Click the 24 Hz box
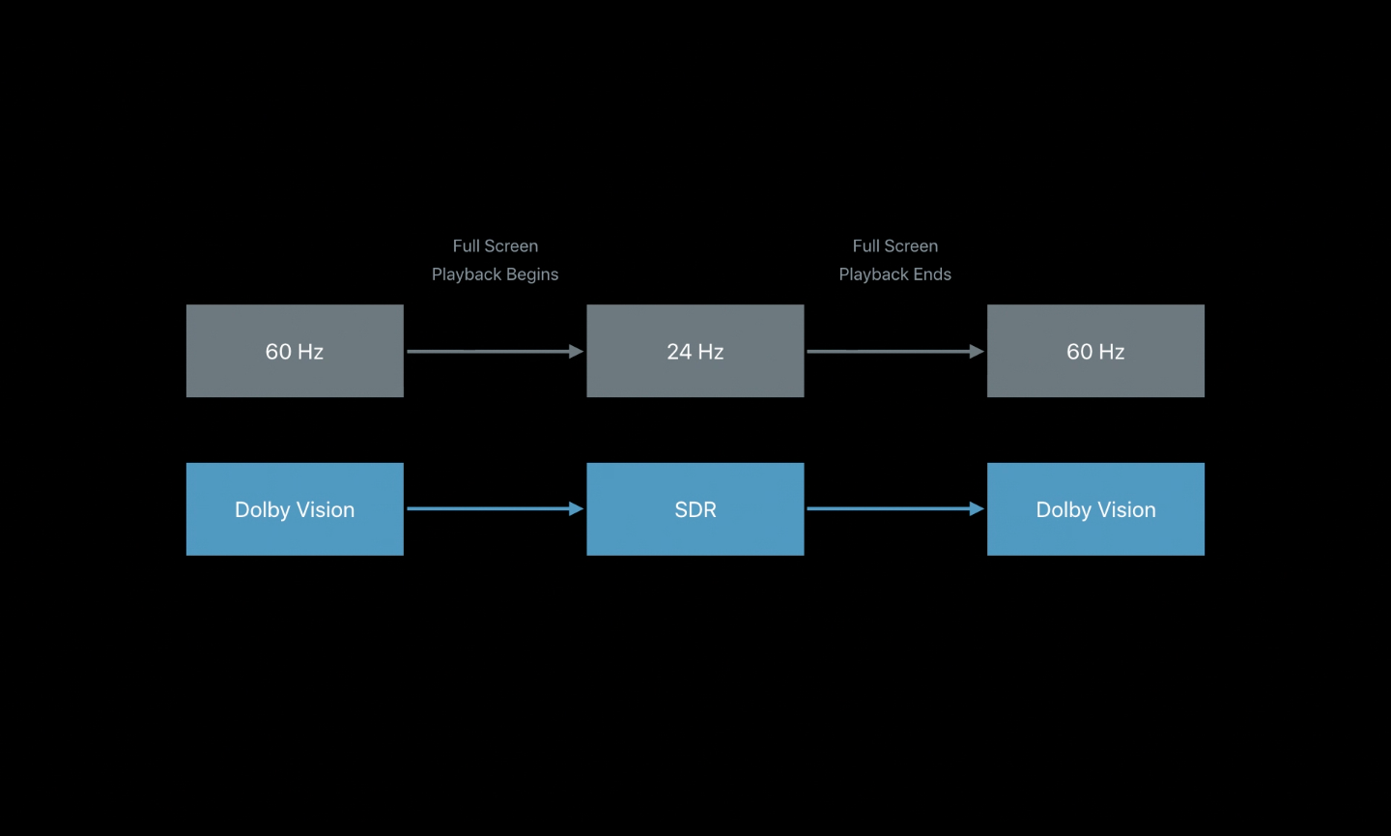pos(695,351)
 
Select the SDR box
pos(695,509)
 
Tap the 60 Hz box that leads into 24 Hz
pos(295,351)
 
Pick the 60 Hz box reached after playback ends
pos(1095,351)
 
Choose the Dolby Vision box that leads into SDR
pos(295,509)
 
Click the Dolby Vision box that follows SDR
pos(1095,509)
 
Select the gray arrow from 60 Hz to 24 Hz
pos(493,352)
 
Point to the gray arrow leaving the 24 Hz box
pos(893,352)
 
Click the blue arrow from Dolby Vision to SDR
pos(493,508)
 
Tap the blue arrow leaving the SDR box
pos(893,508)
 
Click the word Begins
pos(532,274)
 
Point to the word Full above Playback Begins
pos(468,246)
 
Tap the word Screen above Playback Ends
pos(911,246)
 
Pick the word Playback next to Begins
pos(466,274)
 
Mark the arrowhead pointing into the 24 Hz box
pos(577,352)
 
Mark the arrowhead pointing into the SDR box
pos(577,508)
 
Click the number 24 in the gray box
pos(679,352)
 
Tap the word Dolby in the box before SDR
pos(262,510)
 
